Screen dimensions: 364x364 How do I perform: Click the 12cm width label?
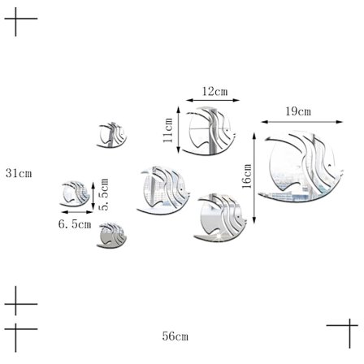[215, 92]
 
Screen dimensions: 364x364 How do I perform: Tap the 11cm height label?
[168, 130]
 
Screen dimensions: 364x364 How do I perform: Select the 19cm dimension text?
[298, 111]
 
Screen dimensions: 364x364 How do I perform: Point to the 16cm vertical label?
[247, 176]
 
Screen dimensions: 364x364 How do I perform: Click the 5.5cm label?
[104, 194]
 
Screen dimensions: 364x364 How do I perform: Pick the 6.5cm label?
[75, 224]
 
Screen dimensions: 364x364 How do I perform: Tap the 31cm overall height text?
[19, 173]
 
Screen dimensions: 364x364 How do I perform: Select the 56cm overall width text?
[175, 336]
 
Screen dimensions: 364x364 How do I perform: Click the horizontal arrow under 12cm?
[213, 100]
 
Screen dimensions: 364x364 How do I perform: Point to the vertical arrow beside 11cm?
[179, 130]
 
